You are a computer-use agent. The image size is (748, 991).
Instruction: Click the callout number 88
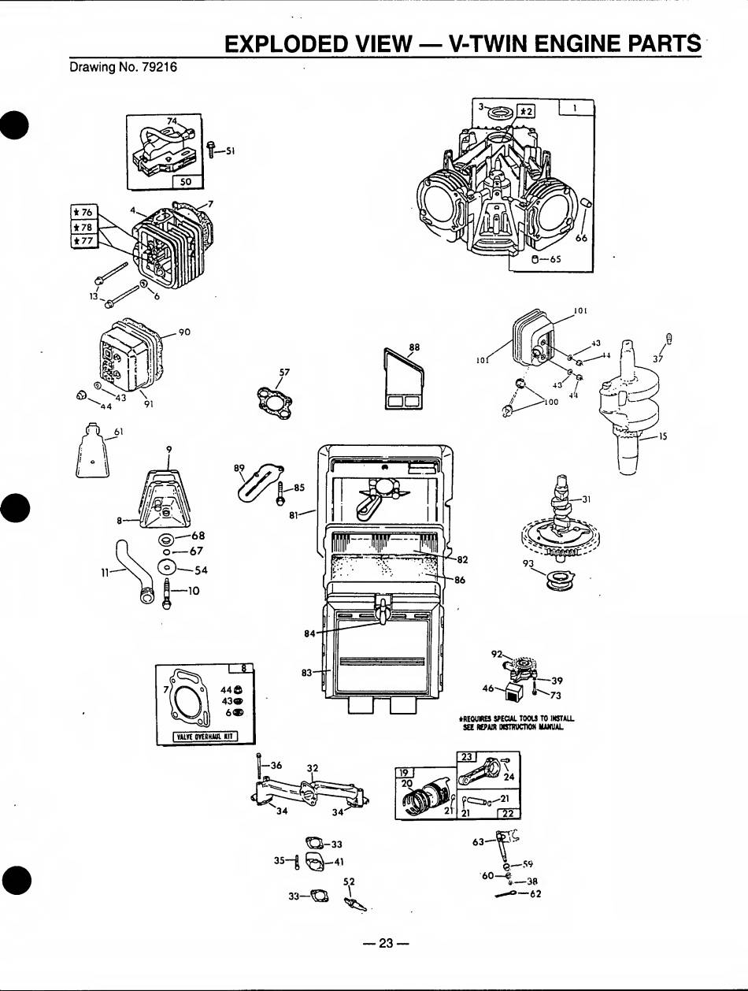[415, 346]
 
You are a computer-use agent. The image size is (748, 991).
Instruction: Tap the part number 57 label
[284, 372]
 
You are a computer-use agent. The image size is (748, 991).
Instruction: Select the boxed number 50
[187, 181]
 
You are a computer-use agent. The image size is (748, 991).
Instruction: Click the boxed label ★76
[83, 212]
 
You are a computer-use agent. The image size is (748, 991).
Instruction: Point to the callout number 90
[185, 332]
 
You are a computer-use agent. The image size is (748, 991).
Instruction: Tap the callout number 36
[276, 765]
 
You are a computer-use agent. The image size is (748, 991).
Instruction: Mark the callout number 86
[460, 580]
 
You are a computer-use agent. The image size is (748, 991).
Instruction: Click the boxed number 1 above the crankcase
[576, 108]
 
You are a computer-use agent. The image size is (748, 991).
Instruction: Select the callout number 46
[488, 688]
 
